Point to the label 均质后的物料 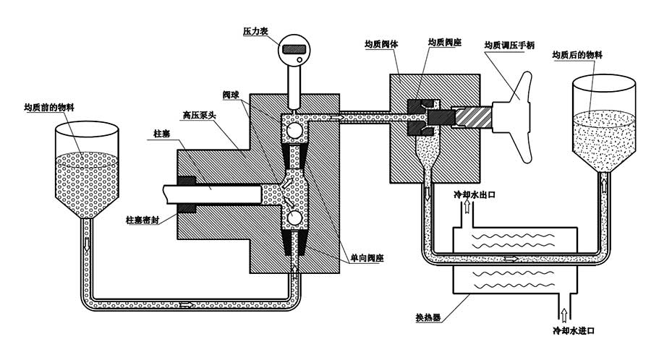tap(577, 55)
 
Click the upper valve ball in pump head tap(294, 130)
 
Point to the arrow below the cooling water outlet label tap(467, 209)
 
